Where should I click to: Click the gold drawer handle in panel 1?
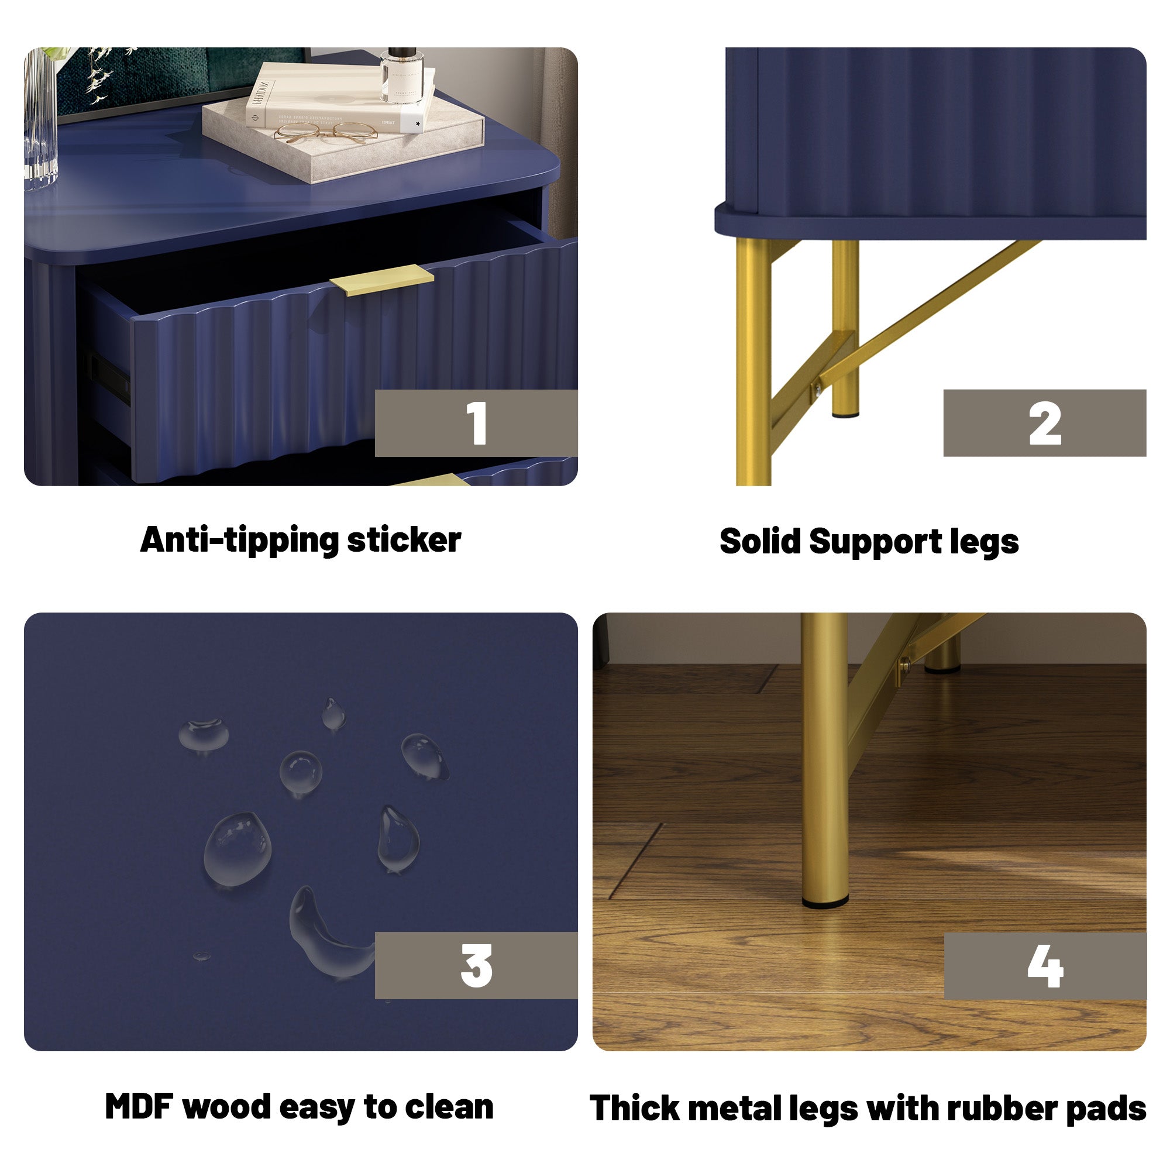pos(381,280)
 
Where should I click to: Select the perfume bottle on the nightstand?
pos(401,75)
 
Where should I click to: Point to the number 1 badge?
pos(476,423)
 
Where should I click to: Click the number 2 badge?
pos(1044,423)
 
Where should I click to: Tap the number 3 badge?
pos(476,965)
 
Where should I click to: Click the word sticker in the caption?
pos(404,540)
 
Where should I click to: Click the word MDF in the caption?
pos(139,1106)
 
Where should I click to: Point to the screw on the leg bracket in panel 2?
pos(818,388)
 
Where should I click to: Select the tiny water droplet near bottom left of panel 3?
pos(201,956)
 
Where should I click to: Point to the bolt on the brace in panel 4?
pos(904,666)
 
